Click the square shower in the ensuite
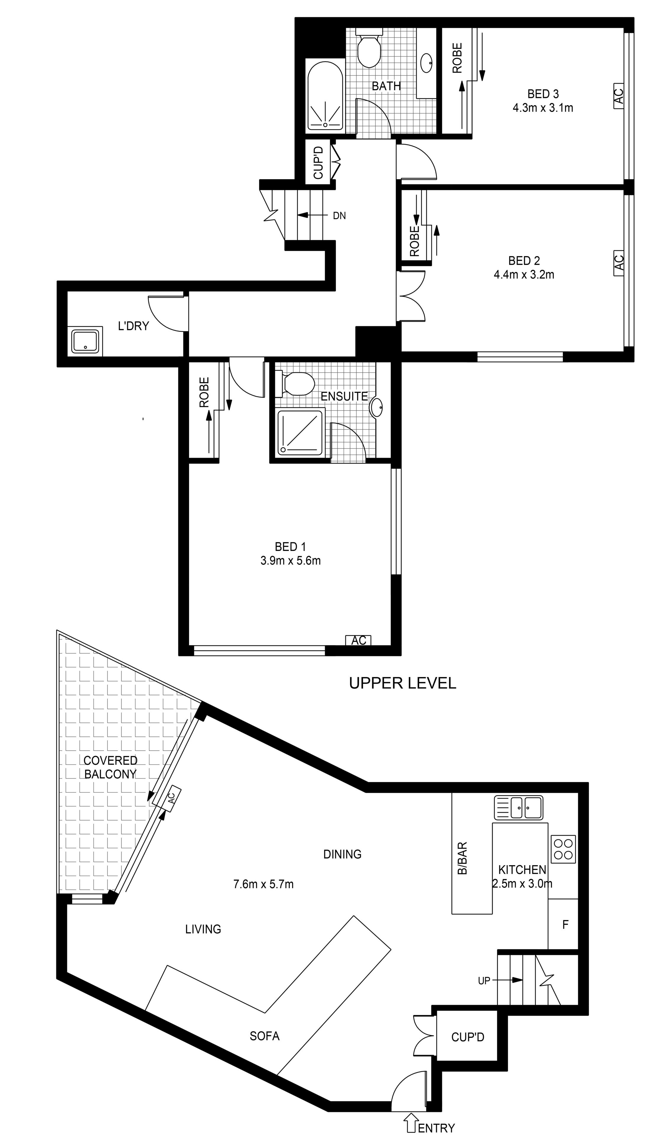point(300,433)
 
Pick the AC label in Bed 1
point(359,640)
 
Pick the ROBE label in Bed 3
point(457,58)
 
